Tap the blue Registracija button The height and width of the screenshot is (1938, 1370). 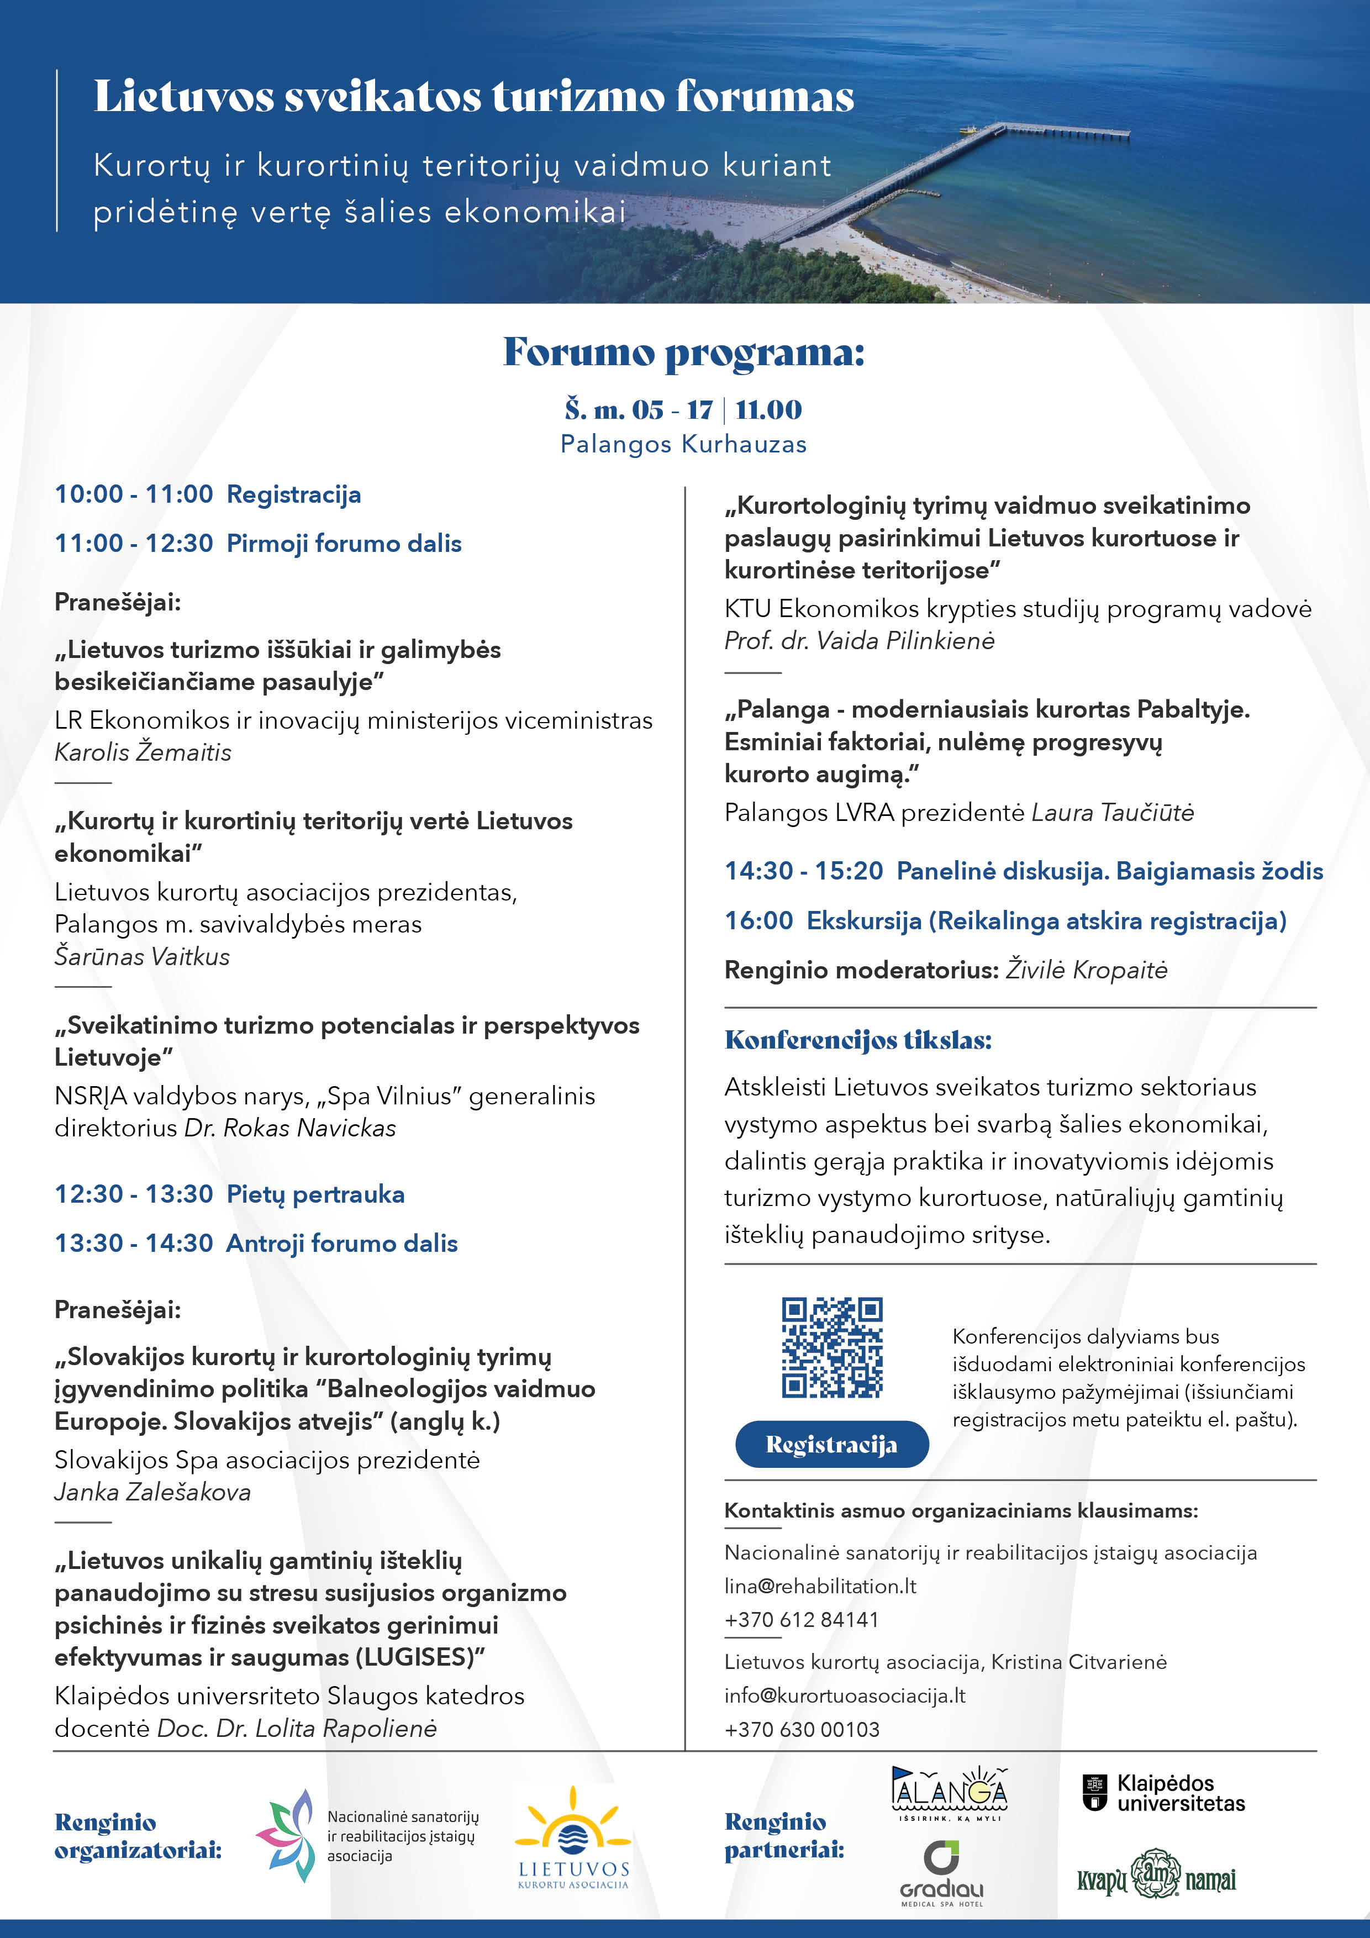(x=831, y=1444)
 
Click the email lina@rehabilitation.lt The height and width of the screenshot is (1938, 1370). (x=820, y=1586)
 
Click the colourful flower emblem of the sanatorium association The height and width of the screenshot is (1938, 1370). (x=285, y=1836)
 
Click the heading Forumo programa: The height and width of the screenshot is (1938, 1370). (x=684, y=352)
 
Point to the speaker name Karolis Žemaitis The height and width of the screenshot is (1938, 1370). (x=143, y=752)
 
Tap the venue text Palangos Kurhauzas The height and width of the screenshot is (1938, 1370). (x=684, y=444)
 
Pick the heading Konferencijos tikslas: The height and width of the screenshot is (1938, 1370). (x=857, y=1040)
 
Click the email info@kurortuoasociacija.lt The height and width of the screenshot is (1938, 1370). (x=844, y=1696)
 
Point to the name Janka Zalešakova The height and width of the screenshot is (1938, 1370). (x=153, y=1492)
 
